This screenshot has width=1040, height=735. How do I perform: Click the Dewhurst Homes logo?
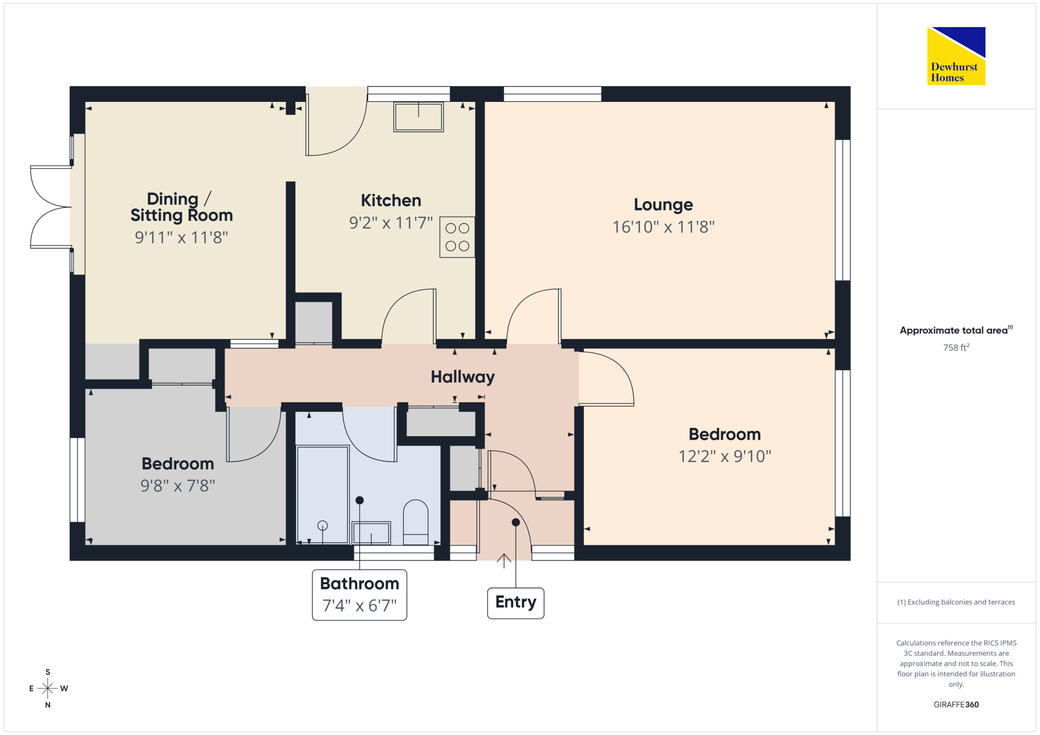tap(956, 56)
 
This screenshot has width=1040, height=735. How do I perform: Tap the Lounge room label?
tap(663, 205)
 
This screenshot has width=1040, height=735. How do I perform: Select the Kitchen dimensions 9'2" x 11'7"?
tap(391, 223)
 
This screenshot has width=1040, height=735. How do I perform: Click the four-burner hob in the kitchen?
tap(457, 237)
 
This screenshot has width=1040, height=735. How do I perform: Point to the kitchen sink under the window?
tap(418, 117)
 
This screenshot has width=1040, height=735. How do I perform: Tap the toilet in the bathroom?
tap(415, 522)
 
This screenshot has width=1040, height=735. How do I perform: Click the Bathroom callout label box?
tap(359, 595)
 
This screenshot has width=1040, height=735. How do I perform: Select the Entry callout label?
tap(515, 603)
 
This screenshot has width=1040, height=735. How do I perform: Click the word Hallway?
tap(463, 377)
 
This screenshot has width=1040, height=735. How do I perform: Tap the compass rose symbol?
tap(48, 688)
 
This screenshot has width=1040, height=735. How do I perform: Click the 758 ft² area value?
tap(956, 347)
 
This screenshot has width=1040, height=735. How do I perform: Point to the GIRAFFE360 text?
tap(956, 704)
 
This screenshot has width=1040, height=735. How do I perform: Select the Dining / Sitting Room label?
tap(181, 207)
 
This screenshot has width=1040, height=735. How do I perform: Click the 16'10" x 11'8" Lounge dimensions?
tap(663, 227)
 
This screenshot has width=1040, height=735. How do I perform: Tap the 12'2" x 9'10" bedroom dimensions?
tap(724, 456)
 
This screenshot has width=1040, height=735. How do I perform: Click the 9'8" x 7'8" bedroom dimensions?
tap(177, 486)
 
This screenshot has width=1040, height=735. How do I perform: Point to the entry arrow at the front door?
tap(503, 561)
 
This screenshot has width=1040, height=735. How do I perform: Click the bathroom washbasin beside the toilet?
tap(371, 533)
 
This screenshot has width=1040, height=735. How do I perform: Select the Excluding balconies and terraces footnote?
tap(956, 602)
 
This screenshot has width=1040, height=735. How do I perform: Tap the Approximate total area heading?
tap(956, 330)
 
